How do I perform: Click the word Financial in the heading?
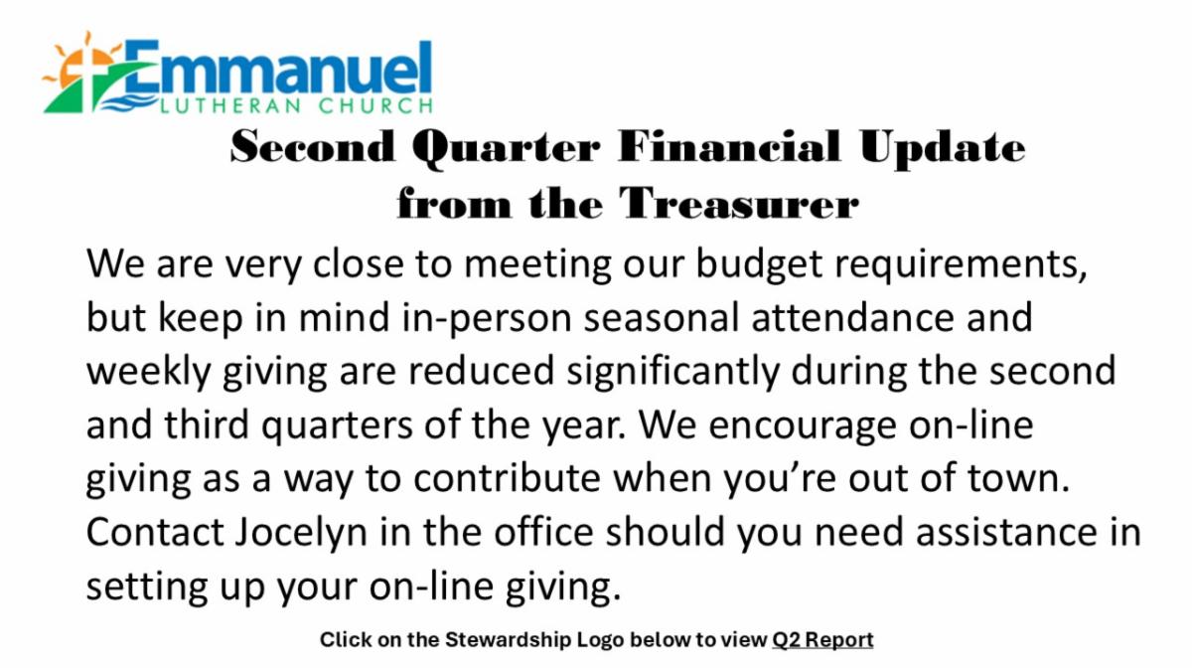[x=729, y=146]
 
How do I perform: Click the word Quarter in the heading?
[x=506, y=149]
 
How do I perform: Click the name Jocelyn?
[x=301, y=534]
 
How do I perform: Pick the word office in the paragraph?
[x=543, y=532]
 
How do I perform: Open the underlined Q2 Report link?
[x=822, y=639]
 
